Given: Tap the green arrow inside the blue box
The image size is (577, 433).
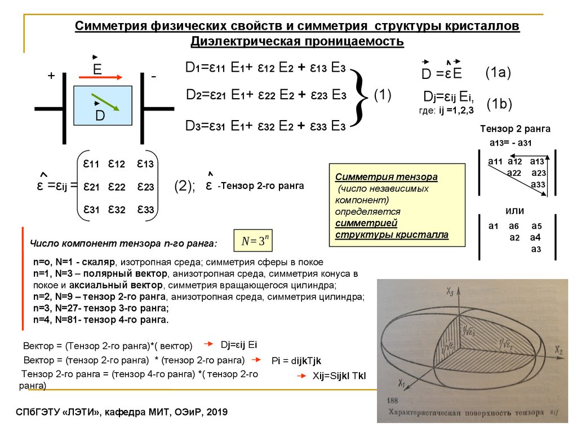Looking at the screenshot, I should point(105,102).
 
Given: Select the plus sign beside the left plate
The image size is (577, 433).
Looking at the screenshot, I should point(51,77).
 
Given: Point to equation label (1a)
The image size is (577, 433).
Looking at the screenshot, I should point(498,72).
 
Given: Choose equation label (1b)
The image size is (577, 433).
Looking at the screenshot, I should point(499,104).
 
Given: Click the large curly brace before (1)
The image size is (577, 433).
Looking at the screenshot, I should point(360,95).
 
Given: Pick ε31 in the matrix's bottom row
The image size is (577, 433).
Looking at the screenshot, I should point(92,209).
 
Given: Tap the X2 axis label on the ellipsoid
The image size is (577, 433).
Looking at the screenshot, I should point(557,351).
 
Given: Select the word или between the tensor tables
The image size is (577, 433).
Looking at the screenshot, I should point(515,211).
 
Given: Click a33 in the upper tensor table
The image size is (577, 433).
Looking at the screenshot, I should point(538,184).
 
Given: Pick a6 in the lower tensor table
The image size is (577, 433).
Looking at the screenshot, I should point(514,226).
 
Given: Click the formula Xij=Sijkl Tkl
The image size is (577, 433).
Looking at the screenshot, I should point(335,377).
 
